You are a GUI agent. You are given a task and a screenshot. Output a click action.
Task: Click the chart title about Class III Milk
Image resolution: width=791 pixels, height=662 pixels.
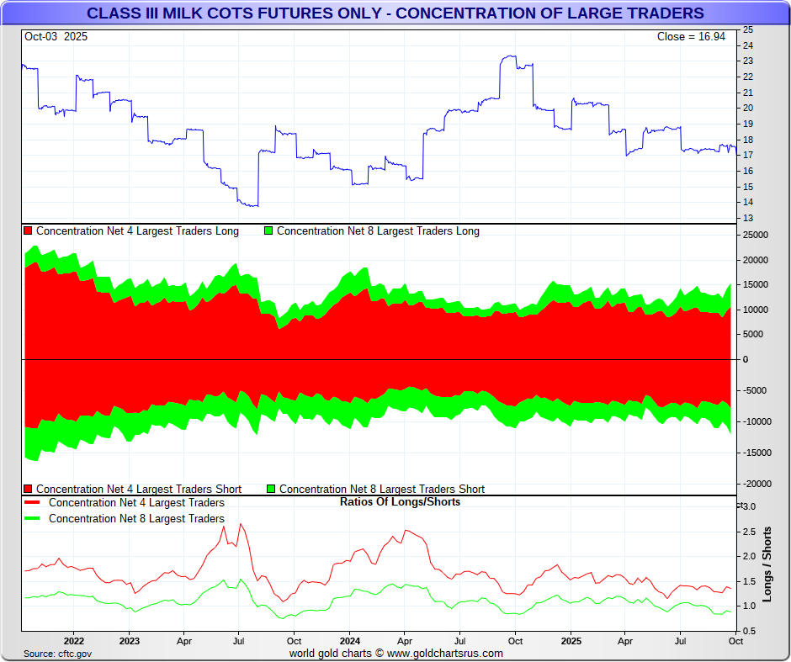(395, 13)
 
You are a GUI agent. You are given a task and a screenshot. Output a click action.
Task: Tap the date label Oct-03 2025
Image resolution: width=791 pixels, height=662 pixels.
(56, 37)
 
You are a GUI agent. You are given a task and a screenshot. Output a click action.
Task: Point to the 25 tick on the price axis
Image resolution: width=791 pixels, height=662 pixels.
(747, 29)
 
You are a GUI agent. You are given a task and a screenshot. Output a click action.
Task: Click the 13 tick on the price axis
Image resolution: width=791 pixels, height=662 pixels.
(747, 218)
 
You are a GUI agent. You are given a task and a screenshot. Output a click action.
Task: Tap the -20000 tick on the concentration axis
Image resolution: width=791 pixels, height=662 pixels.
(756, 484)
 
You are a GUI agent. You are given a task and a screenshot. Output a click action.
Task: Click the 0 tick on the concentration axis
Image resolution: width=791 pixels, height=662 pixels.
(744, 359)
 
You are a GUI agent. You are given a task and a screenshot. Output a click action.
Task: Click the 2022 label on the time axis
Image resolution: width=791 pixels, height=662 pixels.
(73, 641)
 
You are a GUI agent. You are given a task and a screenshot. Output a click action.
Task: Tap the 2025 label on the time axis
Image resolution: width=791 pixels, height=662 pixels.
(571, 641)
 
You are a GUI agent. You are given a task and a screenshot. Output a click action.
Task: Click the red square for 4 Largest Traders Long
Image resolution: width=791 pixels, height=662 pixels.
(28, 230)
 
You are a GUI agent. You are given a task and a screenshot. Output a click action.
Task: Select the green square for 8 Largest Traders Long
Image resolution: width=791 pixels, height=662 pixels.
(268, 230)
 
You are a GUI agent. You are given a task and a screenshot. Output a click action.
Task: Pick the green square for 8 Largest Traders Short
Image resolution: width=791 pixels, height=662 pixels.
(271, 489)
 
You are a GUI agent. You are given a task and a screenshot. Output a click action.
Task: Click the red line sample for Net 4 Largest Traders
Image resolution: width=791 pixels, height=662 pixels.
(33, 503)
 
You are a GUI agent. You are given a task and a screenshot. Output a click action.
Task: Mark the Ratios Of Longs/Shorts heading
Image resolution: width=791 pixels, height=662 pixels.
(400, 502)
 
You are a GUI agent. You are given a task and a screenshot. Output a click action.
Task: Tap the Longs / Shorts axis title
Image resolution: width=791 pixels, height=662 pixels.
(767, 564)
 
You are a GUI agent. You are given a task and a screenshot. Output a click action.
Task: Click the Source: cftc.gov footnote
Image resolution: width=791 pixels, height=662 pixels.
(57, 654)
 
